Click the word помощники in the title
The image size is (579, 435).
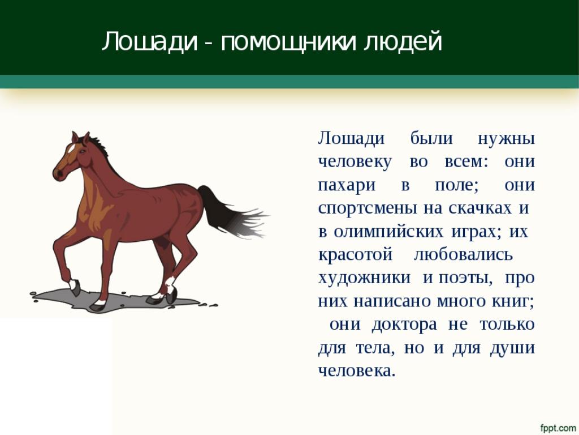point(289,41)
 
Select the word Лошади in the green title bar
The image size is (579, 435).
point(150,41)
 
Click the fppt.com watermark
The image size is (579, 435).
point(558,428)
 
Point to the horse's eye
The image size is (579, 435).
point(81,151)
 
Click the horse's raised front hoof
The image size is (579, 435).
point(75,288)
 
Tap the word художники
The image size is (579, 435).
point(364,278)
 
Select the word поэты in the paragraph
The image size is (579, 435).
point(465,278)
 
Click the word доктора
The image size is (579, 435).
point(404,325)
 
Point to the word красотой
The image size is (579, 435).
point(355,255)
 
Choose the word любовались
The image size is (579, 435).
point(464,254)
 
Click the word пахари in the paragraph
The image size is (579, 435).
point(347,186)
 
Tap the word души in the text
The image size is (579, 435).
point(512,348)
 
